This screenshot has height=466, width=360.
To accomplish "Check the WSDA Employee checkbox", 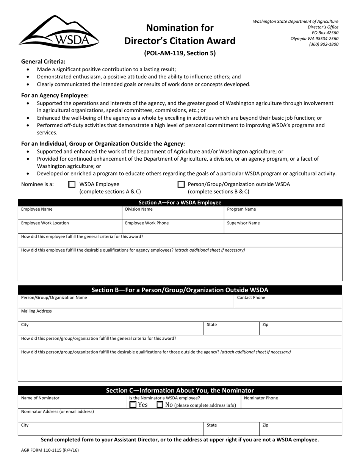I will click(x=72, y=185).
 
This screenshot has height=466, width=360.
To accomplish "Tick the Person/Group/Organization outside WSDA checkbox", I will click(x=181, y=185).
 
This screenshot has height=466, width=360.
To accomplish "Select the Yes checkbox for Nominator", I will click(x=133, y=405).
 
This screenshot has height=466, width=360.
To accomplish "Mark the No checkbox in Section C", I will click(x=160, y=405).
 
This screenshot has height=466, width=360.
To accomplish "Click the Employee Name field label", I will click(x=37, y=209).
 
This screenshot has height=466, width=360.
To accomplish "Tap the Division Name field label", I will click(x=139, y=209).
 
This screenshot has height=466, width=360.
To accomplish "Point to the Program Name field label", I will click(x=241, y=209).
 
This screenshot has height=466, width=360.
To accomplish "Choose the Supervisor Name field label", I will click(x=243, y=223).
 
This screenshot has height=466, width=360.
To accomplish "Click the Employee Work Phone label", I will click(x=147, y=223).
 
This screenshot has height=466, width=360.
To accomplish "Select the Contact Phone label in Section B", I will click(x=251, y=297).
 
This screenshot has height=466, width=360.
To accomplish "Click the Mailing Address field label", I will click(x=36, y=311).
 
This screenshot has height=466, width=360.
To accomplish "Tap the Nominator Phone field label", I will click(x=261, y=398).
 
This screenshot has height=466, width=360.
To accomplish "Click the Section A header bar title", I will click(x=180, y=203).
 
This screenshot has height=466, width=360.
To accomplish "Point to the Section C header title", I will click(x=180, y=390).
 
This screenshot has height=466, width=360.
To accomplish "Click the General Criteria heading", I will click(x=43, y=61).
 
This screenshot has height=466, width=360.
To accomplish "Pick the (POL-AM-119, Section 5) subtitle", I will click(x=180, y=53).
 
